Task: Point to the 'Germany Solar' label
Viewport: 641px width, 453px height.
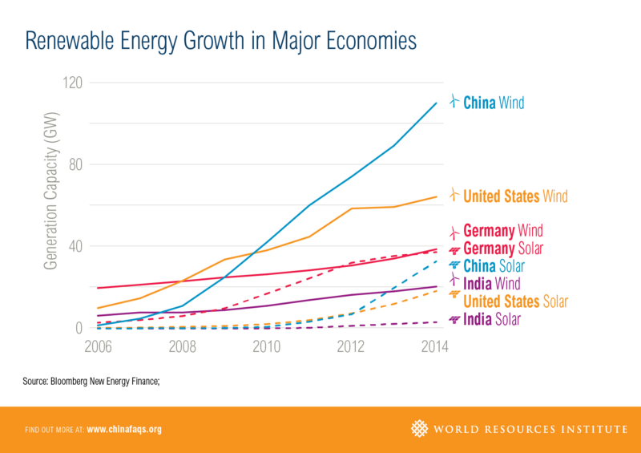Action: tap(502, 249)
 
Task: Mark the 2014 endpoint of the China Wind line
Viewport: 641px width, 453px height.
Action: tap(437, 103)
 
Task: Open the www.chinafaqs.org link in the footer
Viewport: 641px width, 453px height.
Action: tap(123, 430)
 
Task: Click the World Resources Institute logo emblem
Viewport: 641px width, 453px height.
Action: tap(419, 429)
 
